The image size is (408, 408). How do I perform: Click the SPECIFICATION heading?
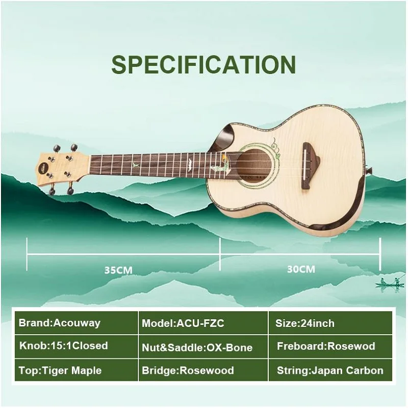[x=203, y=65]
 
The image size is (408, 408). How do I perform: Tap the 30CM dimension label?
[x=301, y=269]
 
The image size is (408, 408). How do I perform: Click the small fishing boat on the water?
[x=390, y=284]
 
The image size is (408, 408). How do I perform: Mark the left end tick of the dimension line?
[x=28, y=254]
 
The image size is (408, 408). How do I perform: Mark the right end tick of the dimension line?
[x=380, y=254]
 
